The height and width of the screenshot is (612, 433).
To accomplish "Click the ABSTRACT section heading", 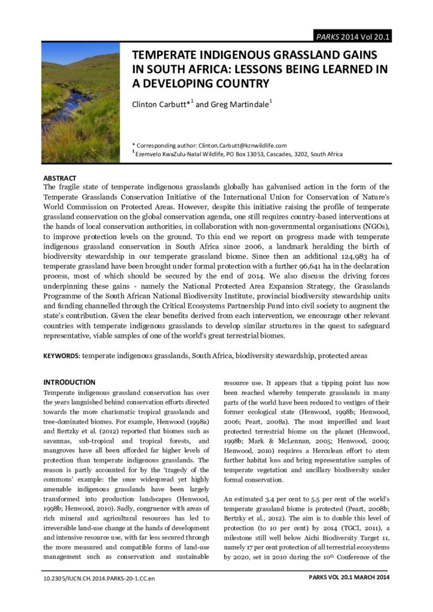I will (60, 178).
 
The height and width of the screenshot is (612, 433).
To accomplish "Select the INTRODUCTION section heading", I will (69, 382).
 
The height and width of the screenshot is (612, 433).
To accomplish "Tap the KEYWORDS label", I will (62, 356).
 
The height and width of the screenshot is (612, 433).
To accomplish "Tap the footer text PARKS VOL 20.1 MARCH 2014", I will (349, 578).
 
